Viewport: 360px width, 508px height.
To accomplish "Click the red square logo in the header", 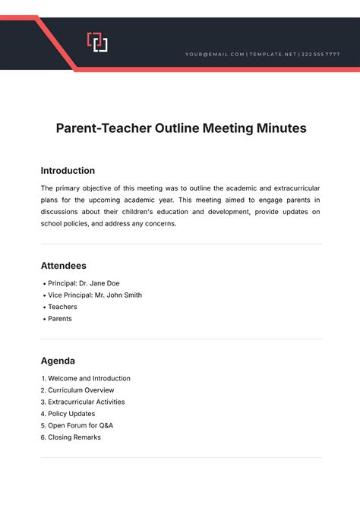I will (x=97, y=42).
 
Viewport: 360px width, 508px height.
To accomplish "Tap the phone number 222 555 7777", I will (x=321, y=55).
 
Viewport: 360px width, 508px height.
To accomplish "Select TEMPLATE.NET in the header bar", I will (x=273, y=55).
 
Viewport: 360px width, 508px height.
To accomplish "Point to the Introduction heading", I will (x=68, y=171).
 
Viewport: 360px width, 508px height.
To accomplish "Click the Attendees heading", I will (x=63, y=266).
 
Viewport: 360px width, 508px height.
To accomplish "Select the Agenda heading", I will (x=58, y=361).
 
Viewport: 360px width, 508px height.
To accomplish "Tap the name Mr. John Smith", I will (x=118, y=295).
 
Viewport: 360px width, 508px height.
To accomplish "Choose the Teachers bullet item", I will (x=62, y=307).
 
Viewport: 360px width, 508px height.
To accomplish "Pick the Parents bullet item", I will (x=60, y=319).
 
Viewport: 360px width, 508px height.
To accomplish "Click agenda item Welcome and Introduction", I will (x=89, y=378).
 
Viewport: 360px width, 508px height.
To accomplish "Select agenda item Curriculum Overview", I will (x=81, y=390).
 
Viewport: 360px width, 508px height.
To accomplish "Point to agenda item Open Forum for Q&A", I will (x=81, y=425).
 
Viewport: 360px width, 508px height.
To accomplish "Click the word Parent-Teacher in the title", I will (x=97, y=128).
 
